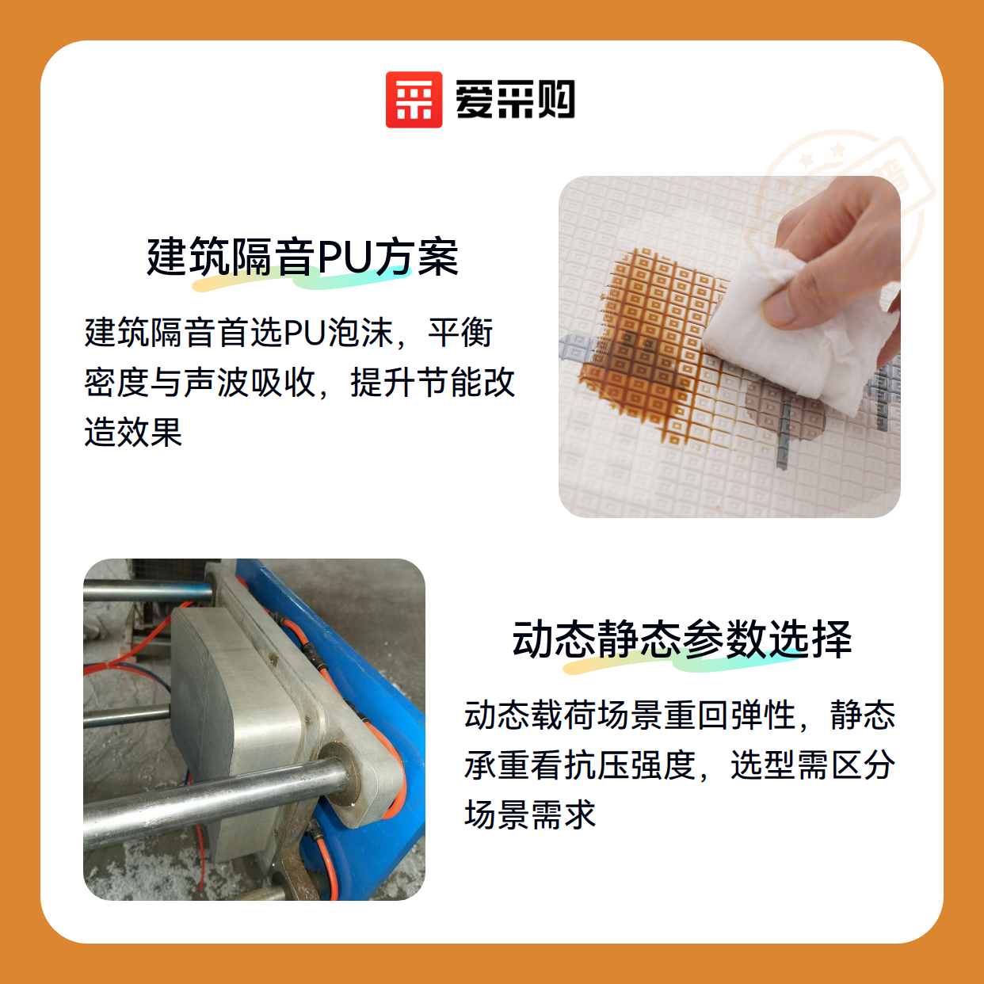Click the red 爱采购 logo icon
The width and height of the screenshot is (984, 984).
point(414,100)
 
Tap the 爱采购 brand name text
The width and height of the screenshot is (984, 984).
point(515,100)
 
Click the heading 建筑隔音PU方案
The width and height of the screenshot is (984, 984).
point(303,257)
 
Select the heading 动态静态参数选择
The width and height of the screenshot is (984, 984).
point(682,639)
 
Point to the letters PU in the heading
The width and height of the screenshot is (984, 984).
point(345,257)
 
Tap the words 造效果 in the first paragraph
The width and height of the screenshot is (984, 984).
point(133,433)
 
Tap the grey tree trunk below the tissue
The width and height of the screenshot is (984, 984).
point(784,433)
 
